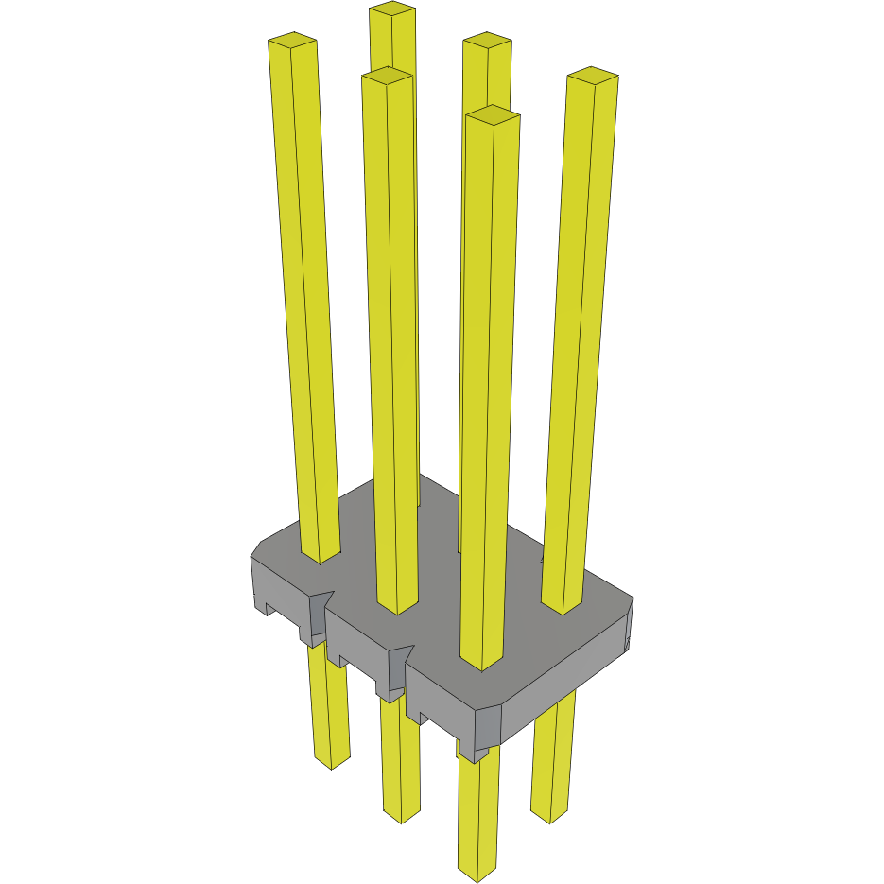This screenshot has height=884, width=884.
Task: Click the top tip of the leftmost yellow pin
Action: click(292, 42)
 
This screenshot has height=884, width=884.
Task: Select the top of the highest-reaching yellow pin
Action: click(392, 9)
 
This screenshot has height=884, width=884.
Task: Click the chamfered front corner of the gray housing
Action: click(488, 723)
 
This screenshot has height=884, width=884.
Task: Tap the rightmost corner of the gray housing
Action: click(631, 600)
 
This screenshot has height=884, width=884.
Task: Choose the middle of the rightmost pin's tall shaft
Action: click(580, 340)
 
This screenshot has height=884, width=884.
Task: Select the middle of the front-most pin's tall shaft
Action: click(490, 388)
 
